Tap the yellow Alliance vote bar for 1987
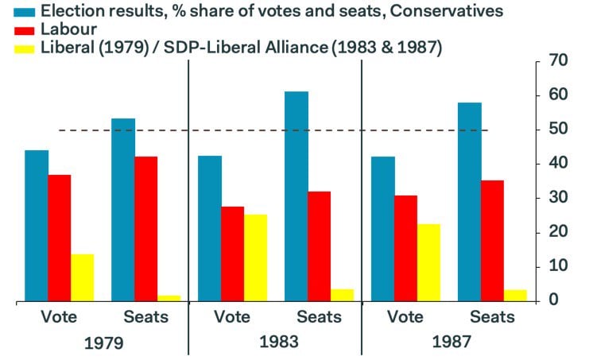[x=428, y=261]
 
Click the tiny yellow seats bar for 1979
[x=169, y=298]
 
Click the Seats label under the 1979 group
[x=146, y=317]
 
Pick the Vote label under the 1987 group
[x=405, y=317]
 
